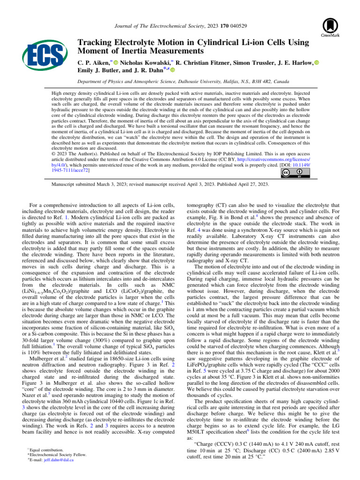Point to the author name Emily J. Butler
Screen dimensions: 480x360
click(x=97, y=70)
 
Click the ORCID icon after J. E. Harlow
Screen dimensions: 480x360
click(x=314, y=62)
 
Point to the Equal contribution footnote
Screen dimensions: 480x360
click(x=49, y=449)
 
